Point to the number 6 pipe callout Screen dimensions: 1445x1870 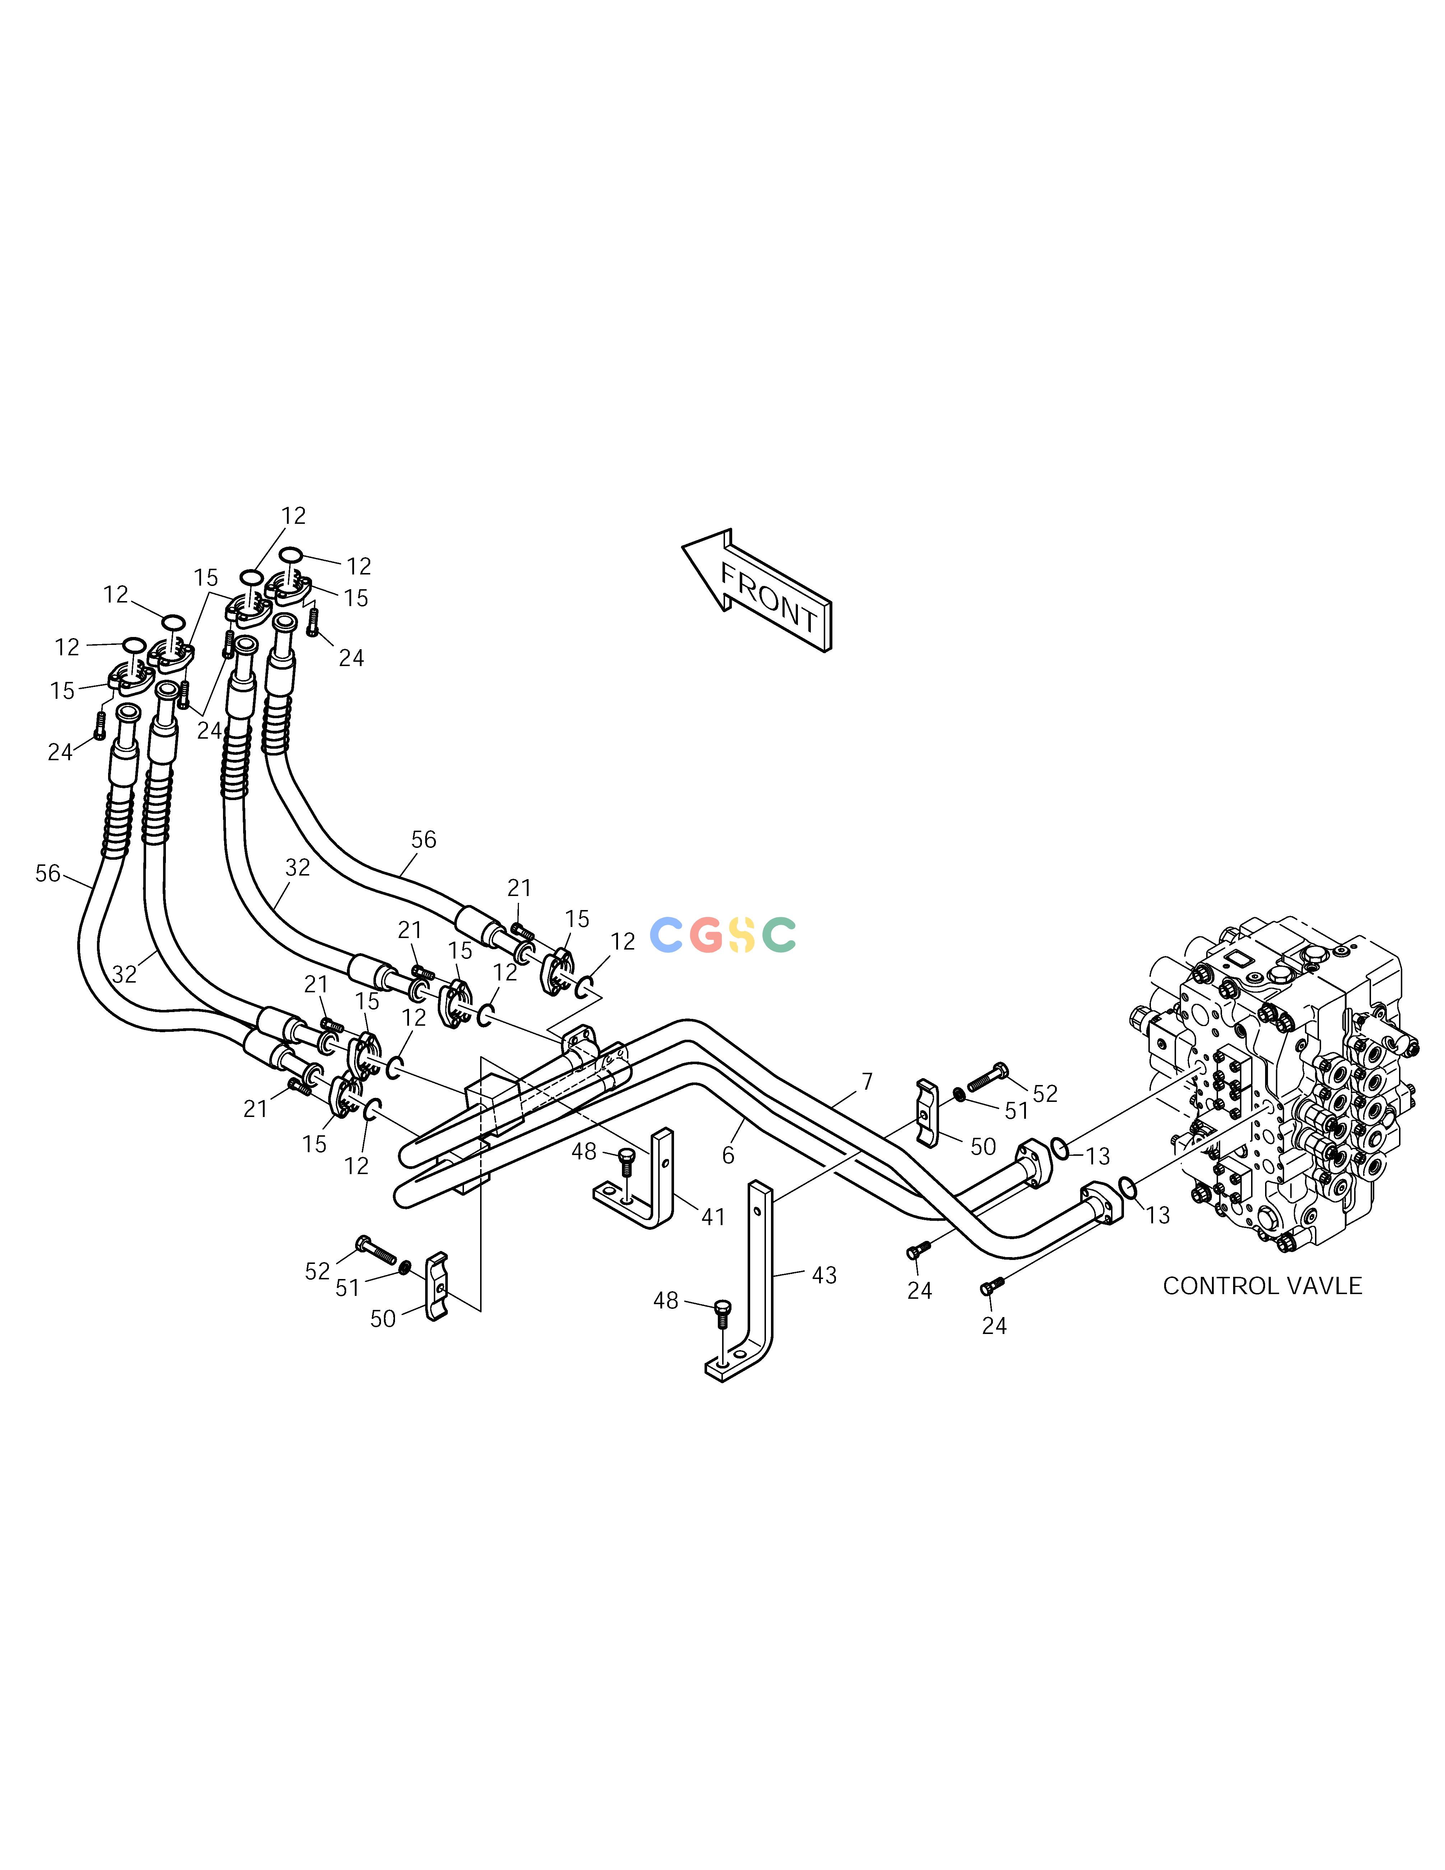[729, 1156]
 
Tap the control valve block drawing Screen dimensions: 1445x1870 [1276, 1083]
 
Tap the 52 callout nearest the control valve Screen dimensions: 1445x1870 [1045, 1093]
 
